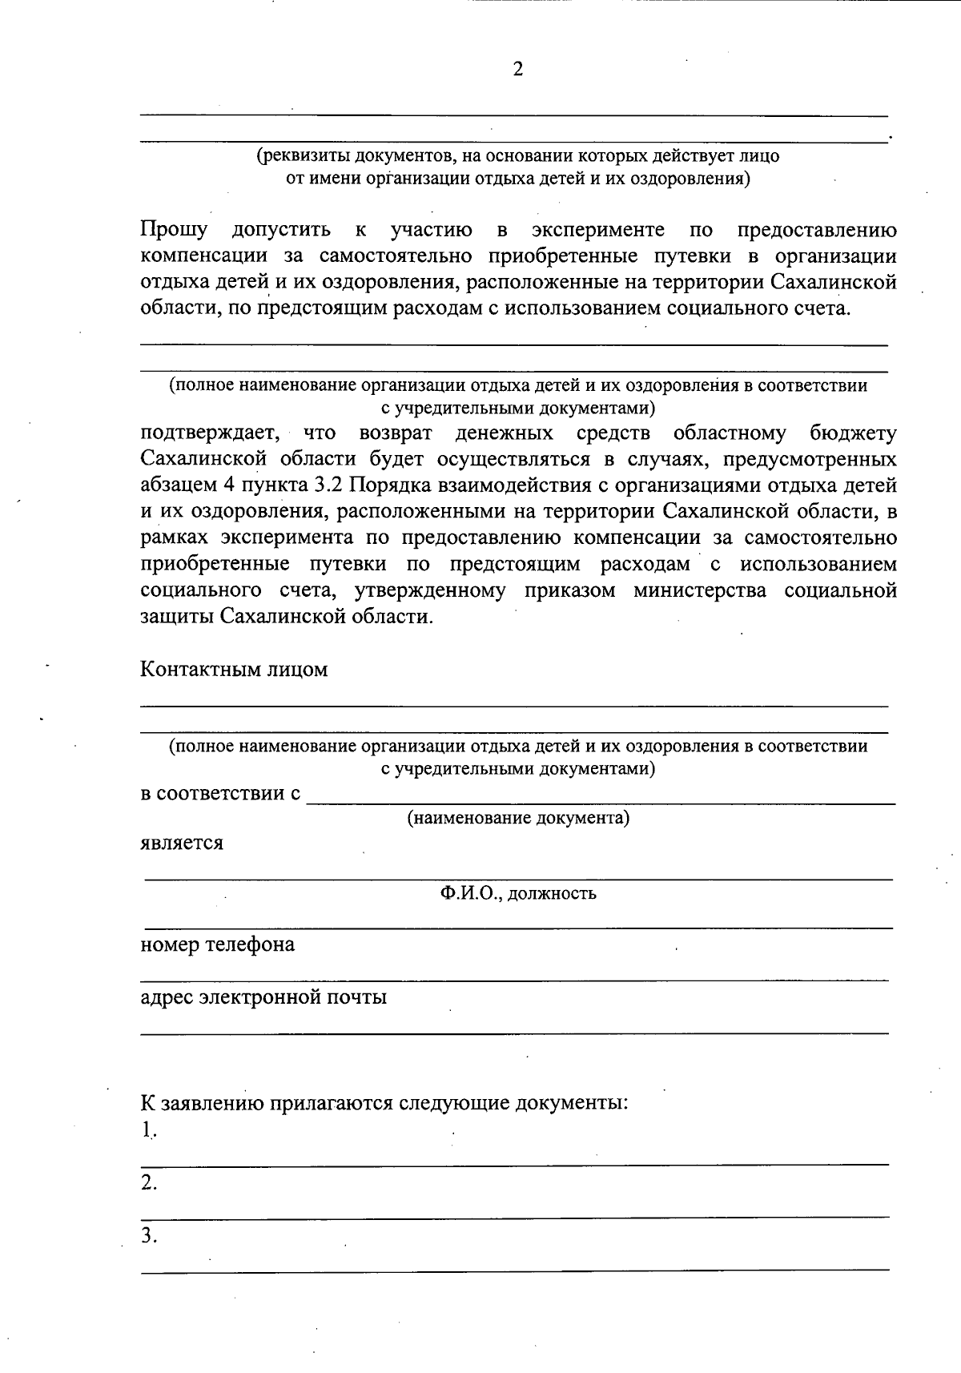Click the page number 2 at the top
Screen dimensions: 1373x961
click(x=517, y=70)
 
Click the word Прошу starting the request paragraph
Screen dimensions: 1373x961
click(x=174, y=230)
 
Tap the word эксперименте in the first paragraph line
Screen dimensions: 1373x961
click(x=597, y=230)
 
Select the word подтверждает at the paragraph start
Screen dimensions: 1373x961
click(x=210, y=433)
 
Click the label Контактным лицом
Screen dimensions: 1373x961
click(x=235, y=669)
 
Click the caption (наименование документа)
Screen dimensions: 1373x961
click(x=517, y=818)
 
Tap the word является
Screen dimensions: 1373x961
click(x=182, y=843)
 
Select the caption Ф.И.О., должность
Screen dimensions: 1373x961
click(x=517, y=892)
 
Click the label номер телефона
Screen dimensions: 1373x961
click(x=218, y=944)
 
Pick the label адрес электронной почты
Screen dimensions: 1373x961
click(x=263, y=997)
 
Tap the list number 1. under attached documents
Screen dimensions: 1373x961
click(x=149, y=1129)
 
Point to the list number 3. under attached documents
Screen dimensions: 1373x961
click(x=149, y=1236)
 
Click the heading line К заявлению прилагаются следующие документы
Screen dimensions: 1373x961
click(x=384, y=1103)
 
